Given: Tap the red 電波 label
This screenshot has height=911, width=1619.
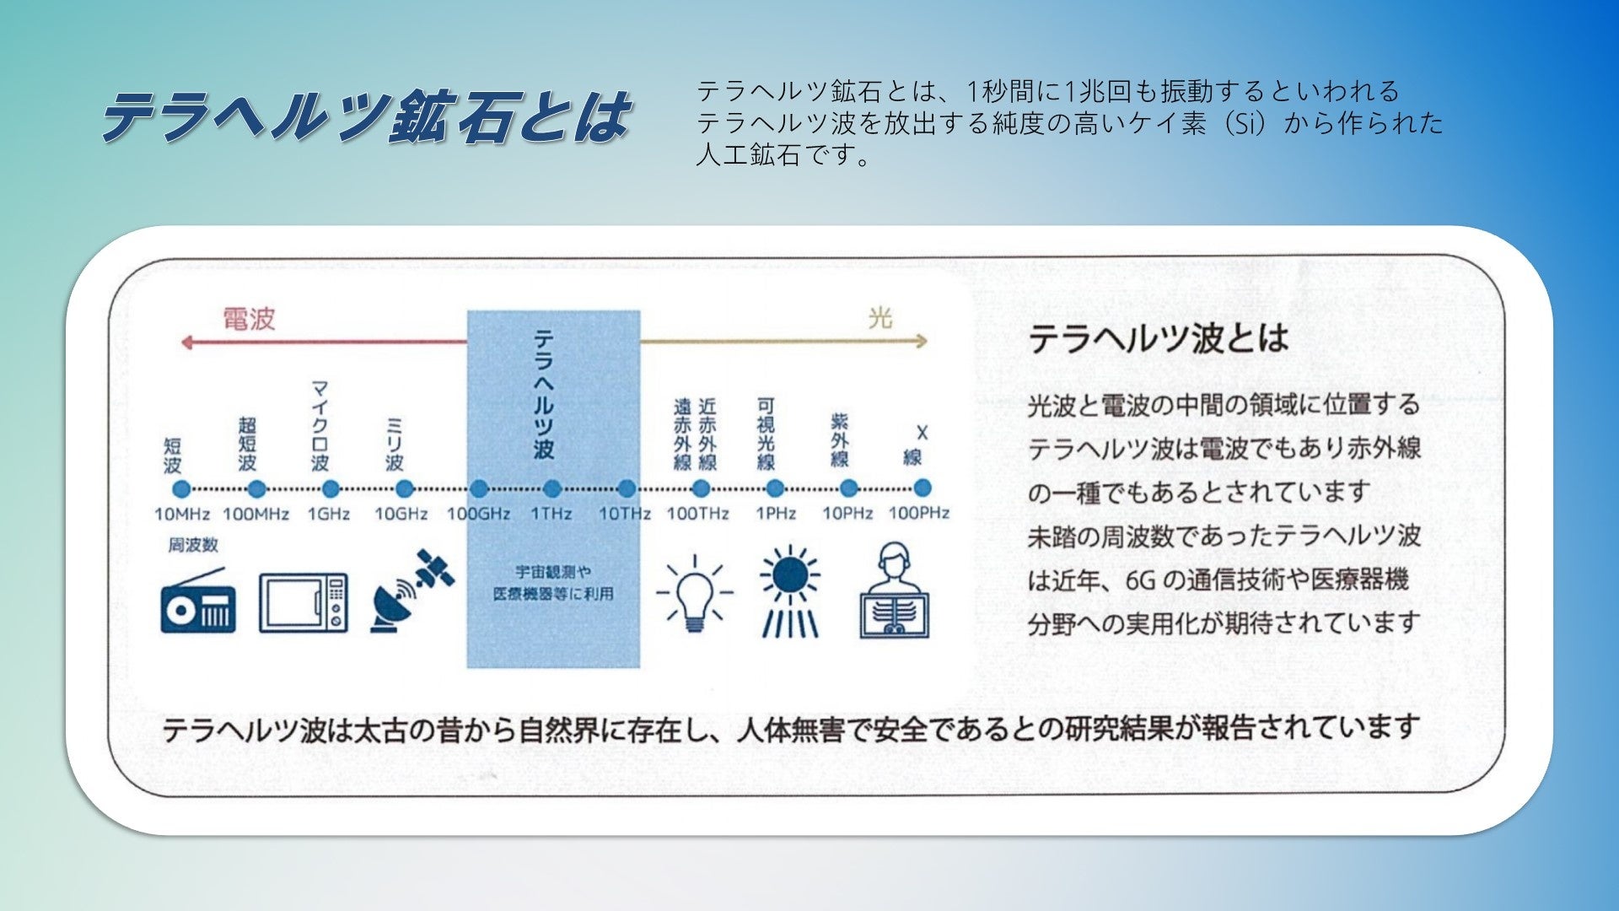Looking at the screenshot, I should click(249, 319).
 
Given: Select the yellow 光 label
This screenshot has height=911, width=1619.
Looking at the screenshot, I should click(879, 318).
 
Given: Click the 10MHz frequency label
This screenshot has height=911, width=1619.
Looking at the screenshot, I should click(182, 514).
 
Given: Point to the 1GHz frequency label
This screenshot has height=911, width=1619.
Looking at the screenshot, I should click(329, 514).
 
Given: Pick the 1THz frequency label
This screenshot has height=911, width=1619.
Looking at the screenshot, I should click(551, 514).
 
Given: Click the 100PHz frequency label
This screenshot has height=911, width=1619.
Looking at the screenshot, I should click(919, 513).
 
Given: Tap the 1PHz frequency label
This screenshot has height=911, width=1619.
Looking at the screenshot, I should click(775, 513).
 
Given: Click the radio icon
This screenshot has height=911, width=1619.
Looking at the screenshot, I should click(198, 601).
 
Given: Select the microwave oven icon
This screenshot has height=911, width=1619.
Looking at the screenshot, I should click(304, 603).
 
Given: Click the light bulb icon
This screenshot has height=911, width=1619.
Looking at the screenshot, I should click(694, 593).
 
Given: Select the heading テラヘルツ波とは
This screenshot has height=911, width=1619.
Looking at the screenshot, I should click(1159, 338).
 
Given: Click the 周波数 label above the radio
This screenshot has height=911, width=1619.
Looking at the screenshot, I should click(192, 545).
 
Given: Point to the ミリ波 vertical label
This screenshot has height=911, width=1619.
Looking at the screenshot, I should click(394, 444).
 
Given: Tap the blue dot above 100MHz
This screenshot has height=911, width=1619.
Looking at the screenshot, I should click(256, 489).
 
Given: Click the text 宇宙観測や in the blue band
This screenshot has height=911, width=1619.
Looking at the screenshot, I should click(553, 572).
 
